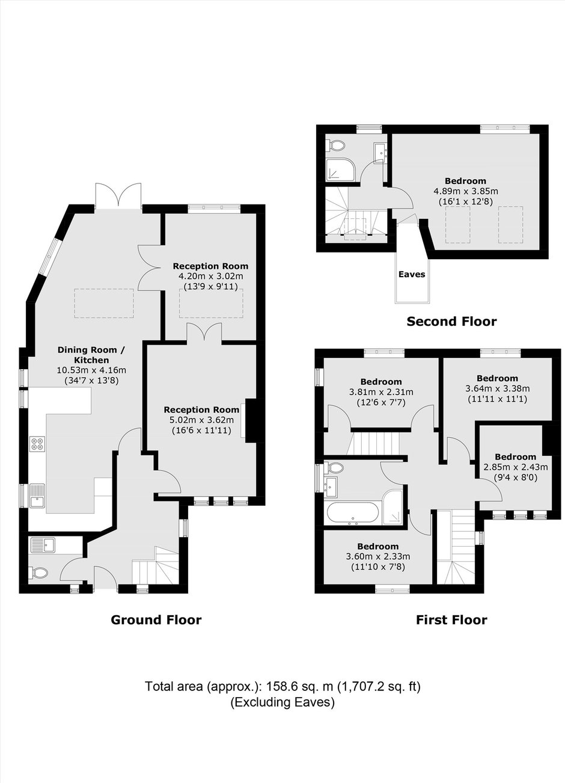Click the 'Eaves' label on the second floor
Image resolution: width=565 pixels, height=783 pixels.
(x=412, y=274)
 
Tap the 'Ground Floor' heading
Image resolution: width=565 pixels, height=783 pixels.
(x=156, y=620)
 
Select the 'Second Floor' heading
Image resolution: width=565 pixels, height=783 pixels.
(x=451, y=322)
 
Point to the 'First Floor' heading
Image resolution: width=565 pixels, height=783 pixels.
(x=451, y=620)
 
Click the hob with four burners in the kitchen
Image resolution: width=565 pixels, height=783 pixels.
(x=38, y=444)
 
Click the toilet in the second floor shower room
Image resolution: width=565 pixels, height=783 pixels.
(x=334, y=146)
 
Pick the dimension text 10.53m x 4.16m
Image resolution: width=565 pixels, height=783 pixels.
(x=91, y=370)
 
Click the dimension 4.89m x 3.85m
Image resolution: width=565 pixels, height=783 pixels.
(x=466, y=192)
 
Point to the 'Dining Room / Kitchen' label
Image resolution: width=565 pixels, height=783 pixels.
(x=91, y=355)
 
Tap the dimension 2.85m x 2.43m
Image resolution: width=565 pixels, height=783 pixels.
(x=515, y=467)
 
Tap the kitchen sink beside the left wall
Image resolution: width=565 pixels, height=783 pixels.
(x=37, y=496)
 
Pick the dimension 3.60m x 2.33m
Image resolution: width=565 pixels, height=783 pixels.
(x=377, y=556)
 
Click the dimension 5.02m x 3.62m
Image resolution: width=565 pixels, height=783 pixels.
(x=201, y=420)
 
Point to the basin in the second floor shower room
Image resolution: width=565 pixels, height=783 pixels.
(x=379, y=152)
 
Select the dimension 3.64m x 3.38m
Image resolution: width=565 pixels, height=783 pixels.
(x=498, y=388)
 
